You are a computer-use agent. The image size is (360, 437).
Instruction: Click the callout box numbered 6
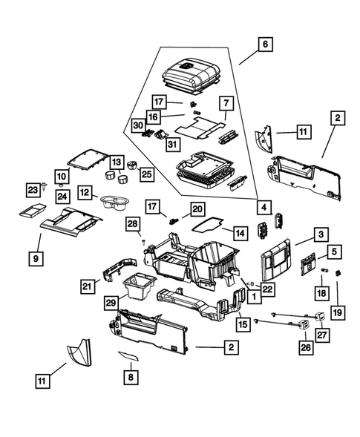pos(263,45)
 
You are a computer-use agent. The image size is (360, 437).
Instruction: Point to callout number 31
pos(171,143)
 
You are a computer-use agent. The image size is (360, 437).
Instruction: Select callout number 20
pos(197,208)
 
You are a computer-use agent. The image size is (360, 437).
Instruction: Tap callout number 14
pos(239,233)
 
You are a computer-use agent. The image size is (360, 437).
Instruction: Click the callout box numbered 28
pos(132,223)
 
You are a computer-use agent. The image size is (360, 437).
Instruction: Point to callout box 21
pos(88,286)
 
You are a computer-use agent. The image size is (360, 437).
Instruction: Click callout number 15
pos(242,324)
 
